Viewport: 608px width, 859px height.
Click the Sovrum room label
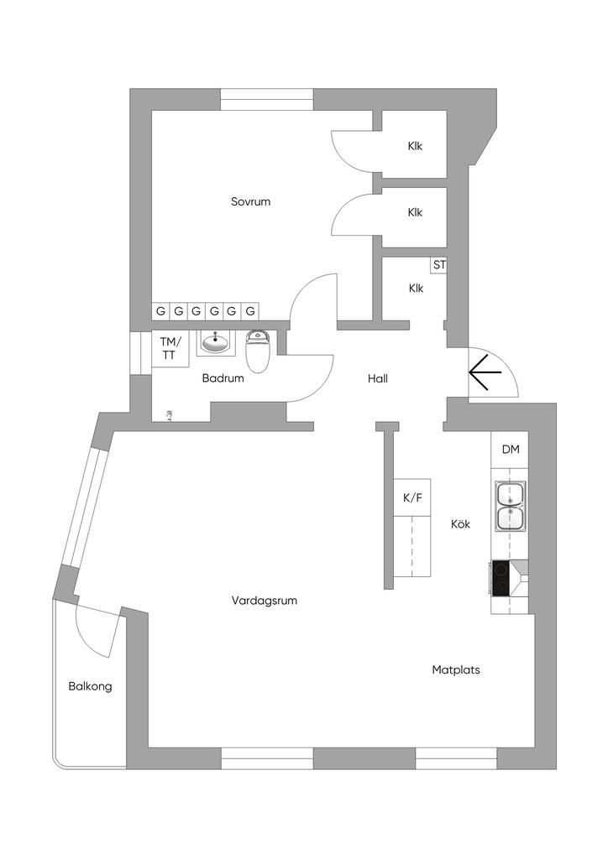(250, 201)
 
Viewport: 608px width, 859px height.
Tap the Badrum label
(223, 378)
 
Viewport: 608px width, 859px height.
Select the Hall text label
(378, 378)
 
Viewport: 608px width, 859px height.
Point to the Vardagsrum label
(265, 601)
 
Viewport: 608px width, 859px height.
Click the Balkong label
(90, 686)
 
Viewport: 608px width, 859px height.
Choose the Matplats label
(456, 670)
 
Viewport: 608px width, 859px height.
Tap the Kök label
(460, 524)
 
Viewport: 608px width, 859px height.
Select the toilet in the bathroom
(257, 352)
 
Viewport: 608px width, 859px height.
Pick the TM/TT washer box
(170, 348)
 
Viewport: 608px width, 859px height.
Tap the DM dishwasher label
(511, 450)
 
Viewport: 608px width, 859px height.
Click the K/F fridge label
(413, 498)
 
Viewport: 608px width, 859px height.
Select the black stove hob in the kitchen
(502, 578)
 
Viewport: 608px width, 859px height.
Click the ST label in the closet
(439, 265)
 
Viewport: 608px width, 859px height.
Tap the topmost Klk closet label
(415, 146)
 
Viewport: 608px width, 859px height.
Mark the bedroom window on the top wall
(267, 100)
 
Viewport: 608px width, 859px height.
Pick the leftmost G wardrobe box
(160, 311)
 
